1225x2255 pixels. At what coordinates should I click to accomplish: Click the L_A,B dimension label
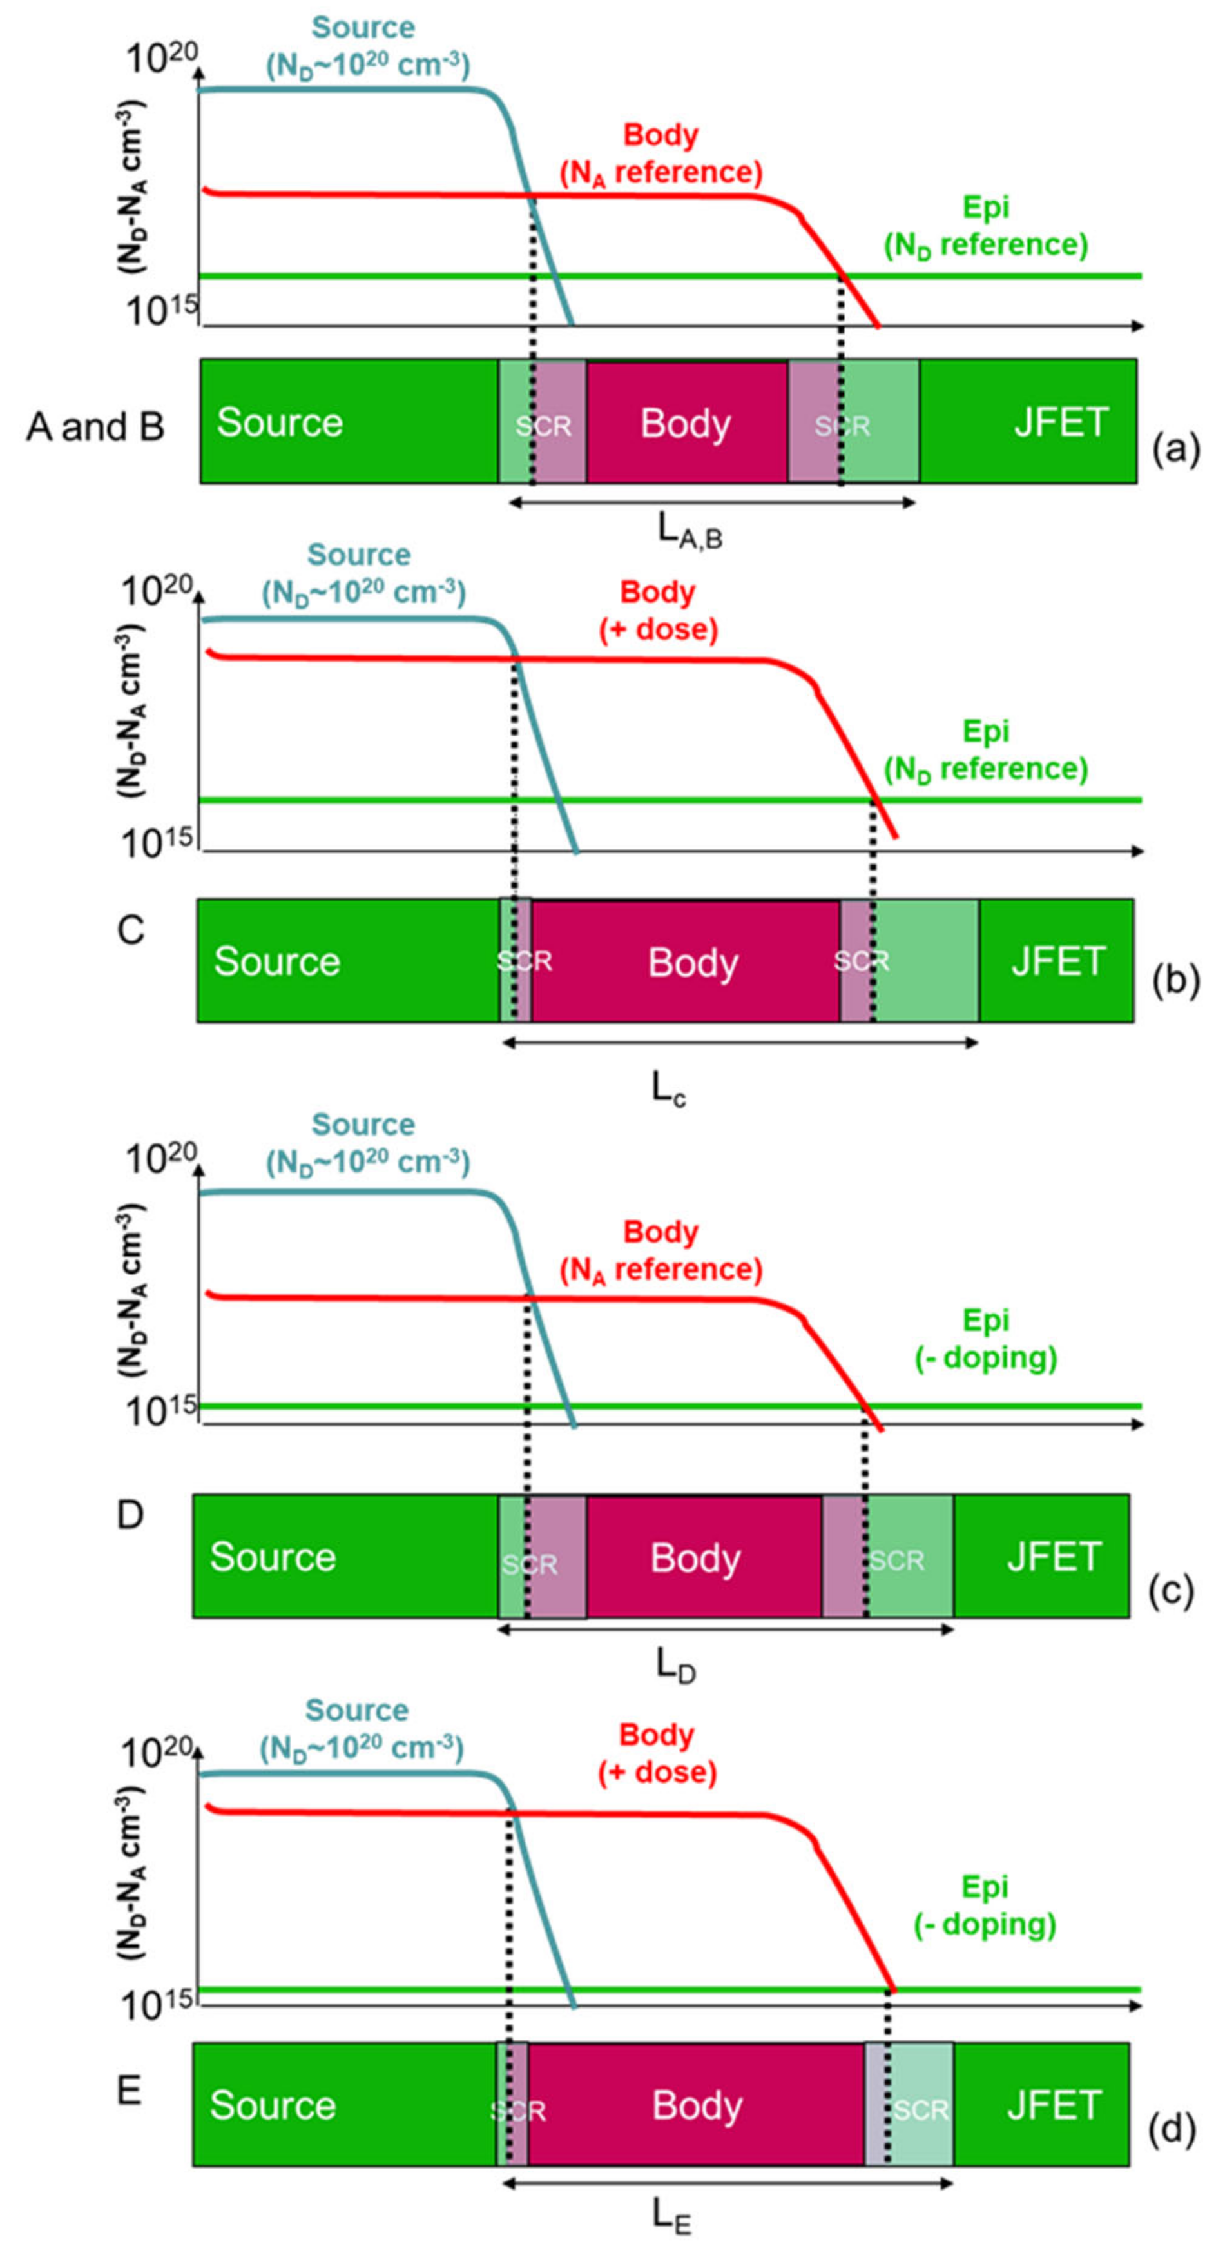coord(689,531)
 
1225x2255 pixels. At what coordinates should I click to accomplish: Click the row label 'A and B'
coord(95,427)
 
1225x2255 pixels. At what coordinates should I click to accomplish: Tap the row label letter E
coord(129,2091)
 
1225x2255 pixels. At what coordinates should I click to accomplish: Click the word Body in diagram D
coord(695,1558)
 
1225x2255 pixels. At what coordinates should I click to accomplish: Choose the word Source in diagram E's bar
coord(272,2105)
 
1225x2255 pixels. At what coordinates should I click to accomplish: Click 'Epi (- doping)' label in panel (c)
coord(986,1339)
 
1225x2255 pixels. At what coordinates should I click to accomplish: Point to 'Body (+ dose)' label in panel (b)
coord(658,611)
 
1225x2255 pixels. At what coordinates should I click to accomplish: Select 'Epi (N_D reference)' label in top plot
coord(986,226)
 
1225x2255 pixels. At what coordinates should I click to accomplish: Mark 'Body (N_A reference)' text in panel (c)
coord(661,1251)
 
